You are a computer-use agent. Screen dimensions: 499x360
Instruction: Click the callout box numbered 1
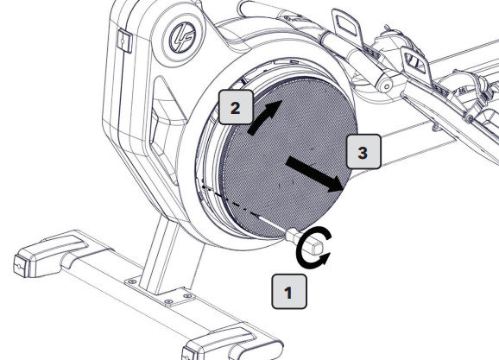[289, 292]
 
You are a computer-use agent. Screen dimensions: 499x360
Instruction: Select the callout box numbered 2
[236, 107]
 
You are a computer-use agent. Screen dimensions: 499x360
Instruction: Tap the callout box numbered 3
[363, 152]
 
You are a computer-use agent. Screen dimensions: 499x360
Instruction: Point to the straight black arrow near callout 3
[314, 174]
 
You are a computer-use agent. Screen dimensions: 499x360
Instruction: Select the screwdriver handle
[305, 242]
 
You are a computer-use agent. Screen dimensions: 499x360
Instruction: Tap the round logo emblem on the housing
[181, 38]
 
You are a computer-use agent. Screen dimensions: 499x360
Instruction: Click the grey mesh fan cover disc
[288, 158]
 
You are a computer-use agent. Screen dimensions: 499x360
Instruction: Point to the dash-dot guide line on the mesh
[230, 201]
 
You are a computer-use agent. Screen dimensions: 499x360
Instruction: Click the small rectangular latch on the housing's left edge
[123, 40]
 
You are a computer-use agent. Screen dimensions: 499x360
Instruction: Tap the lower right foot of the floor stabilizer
[232, 345]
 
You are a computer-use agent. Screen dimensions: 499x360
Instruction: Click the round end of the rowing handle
[385, 85]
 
